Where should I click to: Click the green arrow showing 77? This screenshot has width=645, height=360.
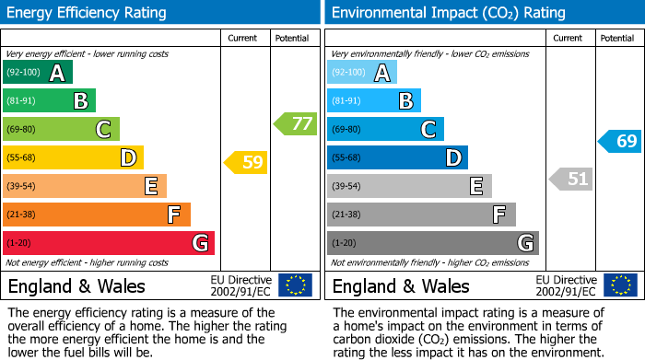(x=295, y=123)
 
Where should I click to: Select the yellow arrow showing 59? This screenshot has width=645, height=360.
(x=246, y=163)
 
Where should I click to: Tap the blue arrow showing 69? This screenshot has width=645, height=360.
(x=620, y=141)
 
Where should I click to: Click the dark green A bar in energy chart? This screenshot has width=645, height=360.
(x=37, y=73)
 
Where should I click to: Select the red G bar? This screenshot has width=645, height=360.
(x=108, y=243)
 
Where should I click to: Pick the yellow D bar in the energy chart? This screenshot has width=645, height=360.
(x=73, y=158)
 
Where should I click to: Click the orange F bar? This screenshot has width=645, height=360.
(x=96, y=215)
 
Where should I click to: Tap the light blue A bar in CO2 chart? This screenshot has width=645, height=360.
(x=362, y=73)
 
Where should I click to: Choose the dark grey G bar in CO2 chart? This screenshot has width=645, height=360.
(x=432, y=243)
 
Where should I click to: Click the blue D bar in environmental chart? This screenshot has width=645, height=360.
(x=397, y=158)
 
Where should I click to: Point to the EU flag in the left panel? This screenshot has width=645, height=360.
(x=295, y=285)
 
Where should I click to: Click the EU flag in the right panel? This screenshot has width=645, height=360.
(x=620, y=285)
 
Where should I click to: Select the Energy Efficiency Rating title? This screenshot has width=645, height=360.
(x=88, y=13)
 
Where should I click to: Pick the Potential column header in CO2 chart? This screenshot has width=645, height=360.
(x=617, y=38)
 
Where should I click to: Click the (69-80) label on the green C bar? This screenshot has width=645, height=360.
(x=23, y=130)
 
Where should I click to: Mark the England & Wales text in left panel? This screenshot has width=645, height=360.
(x=76, y=286)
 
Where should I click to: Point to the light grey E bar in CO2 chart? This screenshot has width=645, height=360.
(x=409, y=186)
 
